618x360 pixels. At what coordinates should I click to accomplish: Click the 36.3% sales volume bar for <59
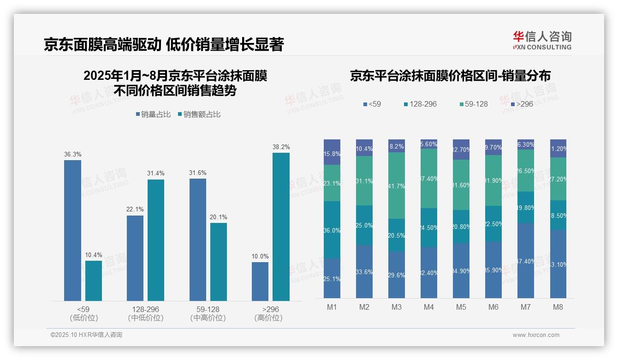pyautogui.click(x=72, y=230)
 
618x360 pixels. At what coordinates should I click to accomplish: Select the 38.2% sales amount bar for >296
pyautogui.click(x=281, y=227)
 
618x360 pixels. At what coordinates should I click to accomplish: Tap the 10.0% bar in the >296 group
pyautogui.click(x=260, y=282)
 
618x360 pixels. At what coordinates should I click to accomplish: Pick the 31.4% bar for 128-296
pyautogui.click(x=156, y=240)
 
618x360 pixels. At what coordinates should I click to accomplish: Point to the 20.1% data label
pyautogui.click(x=219, y=217)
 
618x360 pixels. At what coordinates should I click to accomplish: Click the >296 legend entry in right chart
pyautogui.click(x=521, y=104)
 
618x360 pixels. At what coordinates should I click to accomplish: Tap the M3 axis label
pyautogui.click(x=397, y=307)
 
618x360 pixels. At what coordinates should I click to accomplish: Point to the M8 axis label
pyautogui.click(x=558, y=307)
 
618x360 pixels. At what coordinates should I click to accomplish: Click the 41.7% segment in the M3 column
pyautogui.click(x=397, y=186)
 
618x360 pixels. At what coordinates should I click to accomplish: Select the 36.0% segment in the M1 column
pyautogui.click(x=332, y=230)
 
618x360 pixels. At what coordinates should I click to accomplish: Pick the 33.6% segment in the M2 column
pyautogui.click(x=364, y=271)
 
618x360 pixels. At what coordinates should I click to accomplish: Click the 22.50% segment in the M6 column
pyautogui.click(x=493, y=224)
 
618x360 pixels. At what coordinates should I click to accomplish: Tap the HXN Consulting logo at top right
pyautogui.click(x=542, y=40)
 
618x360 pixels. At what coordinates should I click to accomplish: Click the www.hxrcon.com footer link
pyautogui.click(x=536, y=335)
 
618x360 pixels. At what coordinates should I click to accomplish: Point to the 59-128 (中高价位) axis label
pyautogui.click(x=208, y=313)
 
